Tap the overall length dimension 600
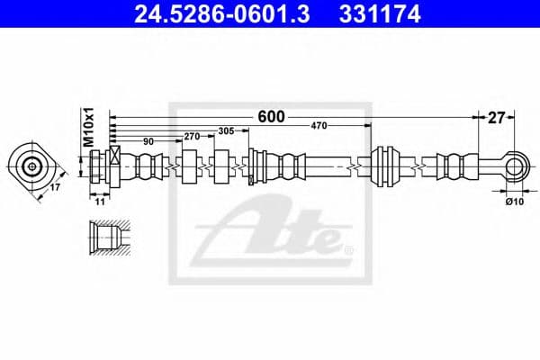click(271, 116)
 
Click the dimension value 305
click(226, 130)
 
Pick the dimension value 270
click(191, 136)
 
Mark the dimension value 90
click(148, 140)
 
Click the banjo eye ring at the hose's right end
click(514, 166)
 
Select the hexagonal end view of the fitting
click(33, 166)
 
